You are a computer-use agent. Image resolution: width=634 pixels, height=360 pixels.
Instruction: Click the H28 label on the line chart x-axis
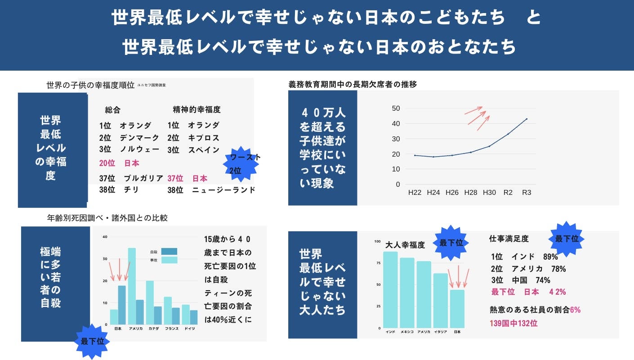tap(470, 193)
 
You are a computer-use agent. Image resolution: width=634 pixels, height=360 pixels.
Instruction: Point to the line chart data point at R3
tap(527, 119)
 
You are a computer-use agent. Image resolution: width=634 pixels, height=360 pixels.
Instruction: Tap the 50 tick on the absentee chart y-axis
tap(396, 108)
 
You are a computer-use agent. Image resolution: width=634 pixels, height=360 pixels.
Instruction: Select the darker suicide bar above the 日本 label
tap(122, 305)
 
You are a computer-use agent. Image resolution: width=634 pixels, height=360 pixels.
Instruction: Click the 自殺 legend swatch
tap(169, 252)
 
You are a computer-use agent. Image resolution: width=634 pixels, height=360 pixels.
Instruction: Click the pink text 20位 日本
tap(119, 163)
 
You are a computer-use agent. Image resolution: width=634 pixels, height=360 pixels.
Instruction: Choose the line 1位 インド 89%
tap(524, 257)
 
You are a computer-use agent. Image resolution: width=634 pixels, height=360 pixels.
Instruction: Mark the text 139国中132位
tap(513, 323)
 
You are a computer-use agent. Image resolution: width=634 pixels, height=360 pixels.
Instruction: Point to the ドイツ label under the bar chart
tap(190, 328)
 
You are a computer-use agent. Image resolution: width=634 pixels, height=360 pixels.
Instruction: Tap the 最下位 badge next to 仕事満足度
tap(567, 239)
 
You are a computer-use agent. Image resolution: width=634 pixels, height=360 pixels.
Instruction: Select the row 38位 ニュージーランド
tap(211, 190)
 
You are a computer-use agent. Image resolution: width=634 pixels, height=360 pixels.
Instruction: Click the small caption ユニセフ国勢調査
tap(152, 85)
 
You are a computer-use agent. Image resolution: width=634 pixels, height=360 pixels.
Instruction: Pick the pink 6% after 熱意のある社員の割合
tap(575, 310)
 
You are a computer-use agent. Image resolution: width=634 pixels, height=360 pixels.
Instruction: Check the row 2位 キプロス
tap(193, 138)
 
